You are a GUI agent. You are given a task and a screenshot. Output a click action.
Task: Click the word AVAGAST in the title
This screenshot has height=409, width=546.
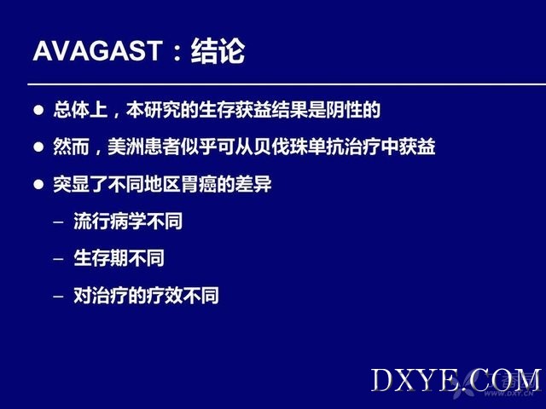[98, 51]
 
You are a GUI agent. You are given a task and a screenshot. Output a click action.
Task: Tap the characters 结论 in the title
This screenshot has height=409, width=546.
[218, 51]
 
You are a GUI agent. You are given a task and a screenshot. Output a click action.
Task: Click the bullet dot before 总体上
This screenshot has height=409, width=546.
[38, 110]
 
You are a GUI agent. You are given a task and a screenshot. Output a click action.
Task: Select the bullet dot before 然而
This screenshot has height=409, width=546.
[38, 147]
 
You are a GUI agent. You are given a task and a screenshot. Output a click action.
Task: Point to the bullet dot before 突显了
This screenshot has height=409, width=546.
[38, 184]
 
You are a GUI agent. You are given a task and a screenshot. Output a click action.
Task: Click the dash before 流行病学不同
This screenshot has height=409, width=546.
[59, 222]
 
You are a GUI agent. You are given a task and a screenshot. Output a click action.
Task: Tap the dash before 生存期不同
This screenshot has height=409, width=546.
[59, 259]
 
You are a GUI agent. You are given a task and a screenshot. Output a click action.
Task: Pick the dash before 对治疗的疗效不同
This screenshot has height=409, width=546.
[59, 297]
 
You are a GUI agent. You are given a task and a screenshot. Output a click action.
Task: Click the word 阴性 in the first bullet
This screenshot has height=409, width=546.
[344, 110]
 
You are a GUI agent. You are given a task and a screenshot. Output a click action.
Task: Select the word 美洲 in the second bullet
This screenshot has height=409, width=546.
[125, 147]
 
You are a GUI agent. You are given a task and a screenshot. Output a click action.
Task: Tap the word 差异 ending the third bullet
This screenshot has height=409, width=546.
[253, 184]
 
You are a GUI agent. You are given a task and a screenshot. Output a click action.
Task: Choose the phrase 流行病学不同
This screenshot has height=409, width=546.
[128, 222]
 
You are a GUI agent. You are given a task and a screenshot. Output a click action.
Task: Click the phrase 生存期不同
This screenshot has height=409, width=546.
[119, 258]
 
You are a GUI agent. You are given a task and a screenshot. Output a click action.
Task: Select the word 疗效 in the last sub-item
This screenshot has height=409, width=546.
[165, 296]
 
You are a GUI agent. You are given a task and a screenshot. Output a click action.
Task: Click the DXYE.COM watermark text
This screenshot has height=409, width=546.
[456, 380]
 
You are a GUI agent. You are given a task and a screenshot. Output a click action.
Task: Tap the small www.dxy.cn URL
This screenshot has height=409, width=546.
[508, 394]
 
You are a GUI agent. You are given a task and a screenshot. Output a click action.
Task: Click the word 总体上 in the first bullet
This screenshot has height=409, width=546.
[80, 110]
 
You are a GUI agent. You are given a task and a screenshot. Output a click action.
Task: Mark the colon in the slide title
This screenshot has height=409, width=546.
[177, 52]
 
